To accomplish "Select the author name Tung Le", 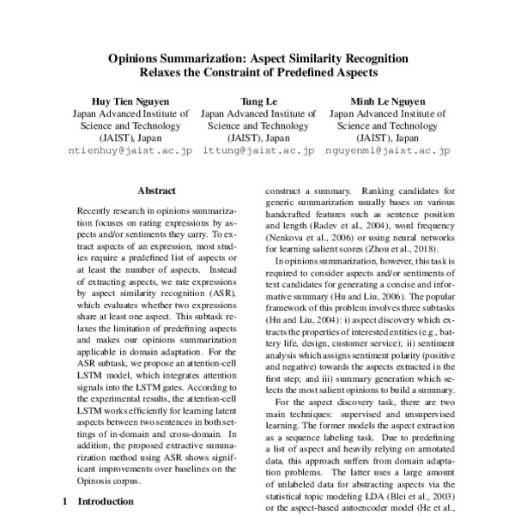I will click(x=257, y=100).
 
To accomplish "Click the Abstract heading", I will click(x=156, y=191).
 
